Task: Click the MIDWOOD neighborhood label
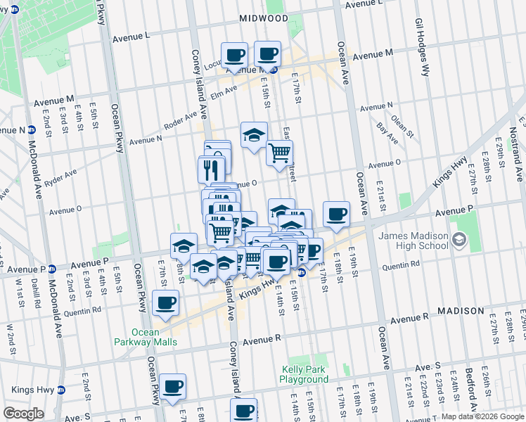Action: pyautogui.click(x=264, y=18)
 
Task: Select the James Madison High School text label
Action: pyautogui.click(x=413, y=241)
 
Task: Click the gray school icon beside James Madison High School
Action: pyautogui.click(x=459, y=241)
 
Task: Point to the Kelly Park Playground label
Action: pyautogui.click(x=304, y=374)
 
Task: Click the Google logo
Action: pyautogui.click(x=24, y=414)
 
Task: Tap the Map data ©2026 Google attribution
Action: pyautogui.click(x=482, y=416)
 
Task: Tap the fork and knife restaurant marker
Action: pyautogui.click(x=211, y=170)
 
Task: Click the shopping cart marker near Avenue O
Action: pyautogui.click(x=280, y=153)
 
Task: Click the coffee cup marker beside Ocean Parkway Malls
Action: pyautogui.click(x=166, y=303)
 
